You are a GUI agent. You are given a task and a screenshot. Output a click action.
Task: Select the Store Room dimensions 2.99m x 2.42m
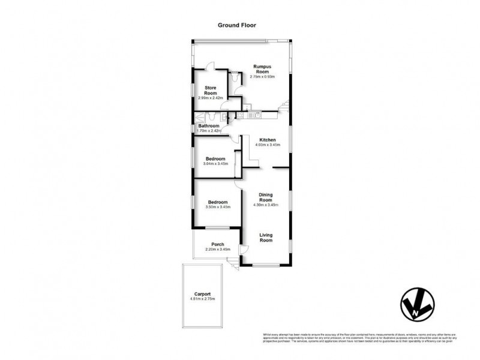(x=210, y=97)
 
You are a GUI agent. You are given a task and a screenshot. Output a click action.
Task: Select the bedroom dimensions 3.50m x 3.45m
(x=217, y=207)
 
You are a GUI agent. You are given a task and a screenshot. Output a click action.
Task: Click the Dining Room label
(x=266, y=197)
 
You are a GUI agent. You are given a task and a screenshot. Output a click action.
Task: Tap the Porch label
(x=217, y=244)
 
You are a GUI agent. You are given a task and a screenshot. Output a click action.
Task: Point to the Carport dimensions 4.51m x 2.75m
(x=202, y=299)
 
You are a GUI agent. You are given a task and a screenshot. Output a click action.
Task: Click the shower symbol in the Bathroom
(x=198, y=118)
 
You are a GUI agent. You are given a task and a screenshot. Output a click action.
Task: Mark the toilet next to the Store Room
(x=235, y=78)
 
